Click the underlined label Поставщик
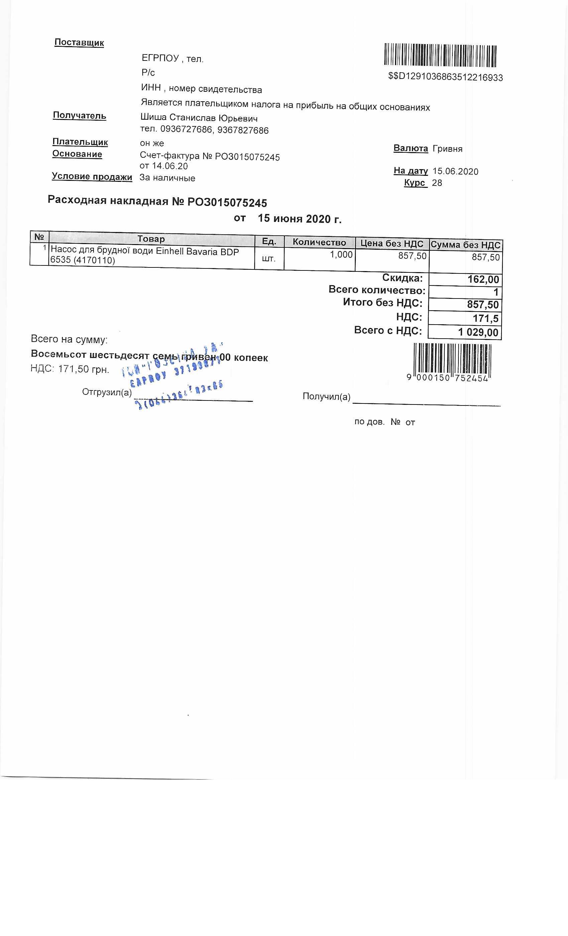point(79,42)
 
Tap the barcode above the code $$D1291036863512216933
point(440,55)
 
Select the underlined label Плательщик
point(80,142)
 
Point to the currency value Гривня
point(447,148)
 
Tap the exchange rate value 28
point(437,183)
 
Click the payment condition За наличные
point(167,178)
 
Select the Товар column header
point(151,239)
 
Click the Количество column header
point(319,242)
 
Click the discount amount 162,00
point(483,279)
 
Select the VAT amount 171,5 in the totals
point(485,318)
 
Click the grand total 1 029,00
point(478,332)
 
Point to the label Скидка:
point(402,278)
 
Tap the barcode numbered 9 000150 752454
point(452,361)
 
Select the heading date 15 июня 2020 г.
point(300,219)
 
